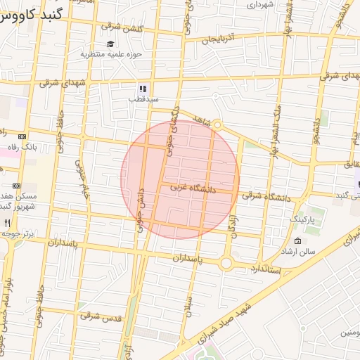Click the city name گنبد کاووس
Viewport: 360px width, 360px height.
[31, 13]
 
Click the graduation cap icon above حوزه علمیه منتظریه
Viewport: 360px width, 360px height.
[111, 44]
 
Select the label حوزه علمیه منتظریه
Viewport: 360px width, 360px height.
[111, 54]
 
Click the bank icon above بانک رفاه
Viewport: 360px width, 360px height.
[22, 137]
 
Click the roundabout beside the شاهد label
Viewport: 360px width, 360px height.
[218, 125]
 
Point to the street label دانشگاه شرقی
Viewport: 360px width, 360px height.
[266, 196]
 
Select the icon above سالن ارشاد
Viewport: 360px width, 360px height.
[298, 241]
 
